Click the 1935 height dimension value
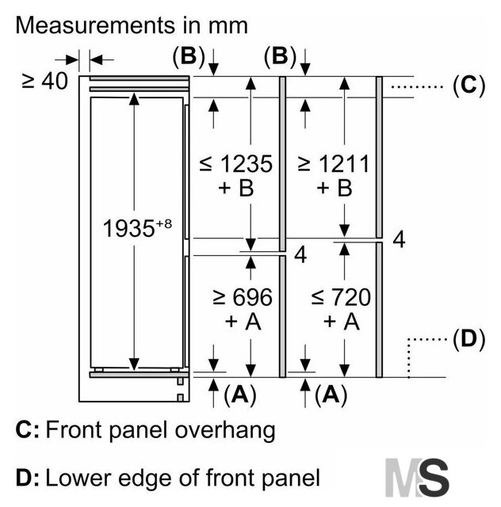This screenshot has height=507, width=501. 128,228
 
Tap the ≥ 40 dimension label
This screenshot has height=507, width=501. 44,81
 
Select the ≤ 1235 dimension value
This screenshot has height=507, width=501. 236,164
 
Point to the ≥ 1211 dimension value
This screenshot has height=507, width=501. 334,164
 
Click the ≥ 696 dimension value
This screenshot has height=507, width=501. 243,297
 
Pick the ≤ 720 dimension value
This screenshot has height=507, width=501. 341,297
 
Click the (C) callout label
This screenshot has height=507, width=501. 469,86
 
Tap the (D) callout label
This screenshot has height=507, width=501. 469,339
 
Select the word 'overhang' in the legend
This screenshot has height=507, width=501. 225,431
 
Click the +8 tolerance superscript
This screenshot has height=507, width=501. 164,223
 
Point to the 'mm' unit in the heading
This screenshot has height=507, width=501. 228,26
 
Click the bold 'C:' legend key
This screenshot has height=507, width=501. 27,429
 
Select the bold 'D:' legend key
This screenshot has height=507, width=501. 27,478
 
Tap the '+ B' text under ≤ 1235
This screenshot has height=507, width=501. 236,188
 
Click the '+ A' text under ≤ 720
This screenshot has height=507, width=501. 342,322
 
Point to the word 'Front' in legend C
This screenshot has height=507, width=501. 74,429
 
